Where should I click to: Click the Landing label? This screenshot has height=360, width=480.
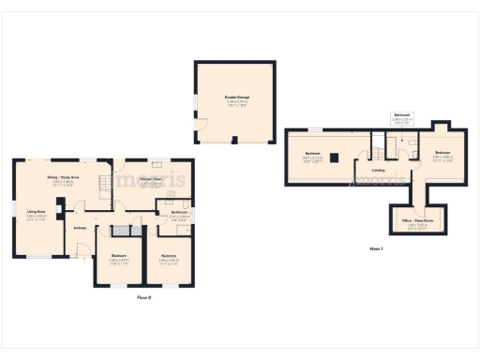(380, 171)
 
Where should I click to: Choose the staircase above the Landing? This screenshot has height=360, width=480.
(378, 144)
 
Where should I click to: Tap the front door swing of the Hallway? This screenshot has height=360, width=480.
(80, 249)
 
